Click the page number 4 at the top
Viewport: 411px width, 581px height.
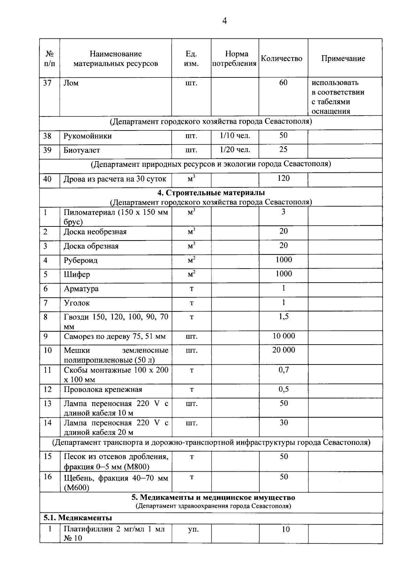(x=224, y=21)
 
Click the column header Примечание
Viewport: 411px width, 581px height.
(x=343, y=58)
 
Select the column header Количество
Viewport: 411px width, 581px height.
(x=282, y=59)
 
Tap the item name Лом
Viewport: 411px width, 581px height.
(x=71, y=83)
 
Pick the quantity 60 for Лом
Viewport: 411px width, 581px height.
(x=283, y=83)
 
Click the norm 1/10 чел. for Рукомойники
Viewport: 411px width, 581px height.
(x=235, y=136)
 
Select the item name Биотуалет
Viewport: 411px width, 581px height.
(x=82, y=150)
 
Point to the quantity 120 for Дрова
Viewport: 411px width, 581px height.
(x=284, y=178)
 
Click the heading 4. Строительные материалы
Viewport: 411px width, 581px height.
(x=211, y=193)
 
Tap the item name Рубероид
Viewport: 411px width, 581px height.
(x=80, y=260)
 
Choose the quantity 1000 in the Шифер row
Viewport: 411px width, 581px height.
(x=284, y=274)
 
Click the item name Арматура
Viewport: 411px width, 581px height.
(x=81, y=289)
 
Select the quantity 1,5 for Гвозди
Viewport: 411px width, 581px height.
(x=284, y=317)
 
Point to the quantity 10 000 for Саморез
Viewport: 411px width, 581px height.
(x=284, y=336)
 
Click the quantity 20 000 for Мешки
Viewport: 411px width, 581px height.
(x=284, y=350)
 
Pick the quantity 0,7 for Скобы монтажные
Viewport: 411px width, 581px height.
(x=284, y=370)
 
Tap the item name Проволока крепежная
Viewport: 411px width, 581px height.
(x=103, y=390)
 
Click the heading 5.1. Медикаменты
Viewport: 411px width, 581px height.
(x=78, y=518)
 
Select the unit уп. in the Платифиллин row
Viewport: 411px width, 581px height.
(x=193, y=529)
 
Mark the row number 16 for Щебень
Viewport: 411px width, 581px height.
(x=48, y=477)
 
